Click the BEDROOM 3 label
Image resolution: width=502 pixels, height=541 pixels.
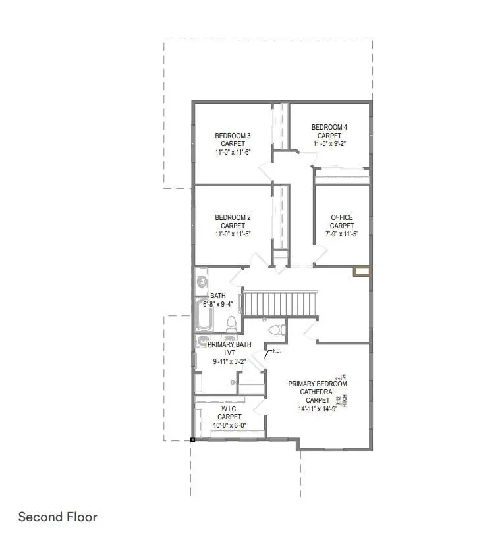point(233,136)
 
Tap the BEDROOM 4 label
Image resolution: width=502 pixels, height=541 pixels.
point(329,127)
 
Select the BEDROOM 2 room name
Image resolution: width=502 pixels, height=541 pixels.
point(233,217)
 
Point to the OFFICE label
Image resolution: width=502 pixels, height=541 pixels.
point(342,217)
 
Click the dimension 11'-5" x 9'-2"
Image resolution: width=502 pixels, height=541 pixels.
point(329,144)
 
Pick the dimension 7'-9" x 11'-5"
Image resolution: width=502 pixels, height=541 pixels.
point(342,234)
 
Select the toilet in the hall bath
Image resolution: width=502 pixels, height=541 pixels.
point(231,324)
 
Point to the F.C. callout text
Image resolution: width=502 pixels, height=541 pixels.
point(277,351)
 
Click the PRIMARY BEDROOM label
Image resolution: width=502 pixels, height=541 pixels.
point(318,383)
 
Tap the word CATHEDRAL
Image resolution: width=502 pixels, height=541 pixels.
point(318,391)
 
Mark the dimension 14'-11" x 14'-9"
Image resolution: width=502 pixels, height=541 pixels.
point(318,408)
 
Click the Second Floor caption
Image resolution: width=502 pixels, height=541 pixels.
point(57,517)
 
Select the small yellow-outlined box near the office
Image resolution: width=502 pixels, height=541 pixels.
point(362,270)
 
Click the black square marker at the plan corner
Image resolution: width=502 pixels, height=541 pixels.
point(192,439)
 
